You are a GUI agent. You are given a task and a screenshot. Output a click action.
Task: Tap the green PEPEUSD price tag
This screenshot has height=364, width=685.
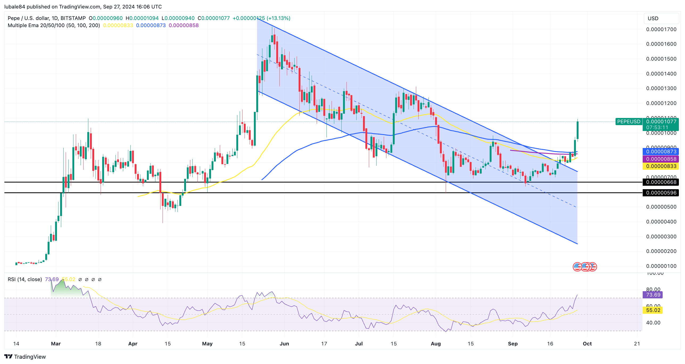coord(628,122)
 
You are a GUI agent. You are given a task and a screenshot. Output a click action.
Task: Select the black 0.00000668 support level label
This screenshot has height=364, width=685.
coord(661,182)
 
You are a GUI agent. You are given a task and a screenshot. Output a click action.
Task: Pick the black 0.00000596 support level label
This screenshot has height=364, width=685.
coord(661,193)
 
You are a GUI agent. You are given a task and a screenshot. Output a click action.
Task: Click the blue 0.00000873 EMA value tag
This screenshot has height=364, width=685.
coord(661,152)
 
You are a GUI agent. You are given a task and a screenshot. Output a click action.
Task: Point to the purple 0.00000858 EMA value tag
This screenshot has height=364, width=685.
coord(661,159)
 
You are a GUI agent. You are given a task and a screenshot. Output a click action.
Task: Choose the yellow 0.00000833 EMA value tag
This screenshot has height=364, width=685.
coord(661,166)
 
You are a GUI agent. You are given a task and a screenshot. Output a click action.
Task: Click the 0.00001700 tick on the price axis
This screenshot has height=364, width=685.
coord(661,29)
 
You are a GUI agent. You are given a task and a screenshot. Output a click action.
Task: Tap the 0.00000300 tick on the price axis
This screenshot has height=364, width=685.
coord(661,237)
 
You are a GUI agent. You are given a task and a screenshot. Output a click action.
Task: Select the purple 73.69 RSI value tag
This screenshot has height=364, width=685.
coord(653,295)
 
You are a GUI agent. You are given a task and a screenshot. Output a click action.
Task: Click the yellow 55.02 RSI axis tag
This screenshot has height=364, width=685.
coord(653,310)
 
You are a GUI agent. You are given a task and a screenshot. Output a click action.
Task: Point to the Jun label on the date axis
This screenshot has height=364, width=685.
coord(284,344)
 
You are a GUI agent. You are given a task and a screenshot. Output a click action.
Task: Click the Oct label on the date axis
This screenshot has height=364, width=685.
coord(587,344)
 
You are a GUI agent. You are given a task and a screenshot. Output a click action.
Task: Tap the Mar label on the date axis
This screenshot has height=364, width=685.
coord(56,344)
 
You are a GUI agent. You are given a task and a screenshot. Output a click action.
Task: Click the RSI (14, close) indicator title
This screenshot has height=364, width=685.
coord(25,280)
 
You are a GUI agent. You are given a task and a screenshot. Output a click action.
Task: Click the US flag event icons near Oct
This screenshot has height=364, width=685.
coord(585,267)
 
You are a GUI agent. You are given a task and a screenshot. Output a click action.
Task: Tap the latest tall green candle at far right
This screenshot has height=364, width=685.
coord(577,130)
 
